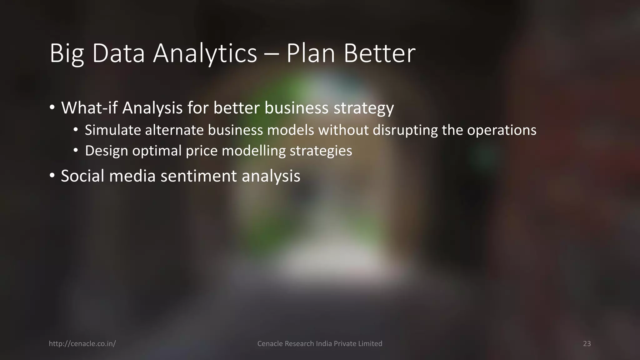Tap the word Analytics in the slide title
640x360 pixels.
(x=205, y=54)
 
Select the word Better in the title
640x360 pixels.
(x=379, y=54)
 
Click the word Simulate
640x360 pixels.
(x=113, y=130)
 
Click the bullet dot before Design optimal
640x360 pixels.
(x=76, y=151)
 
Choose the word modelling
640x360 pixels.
(x=253, y=151)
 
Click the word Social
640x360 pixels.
(x=82, y=176)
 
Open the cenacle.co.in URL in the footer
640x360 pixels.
(x=82, y=344)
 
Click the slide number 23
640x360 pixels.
(x=587, y=344)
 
